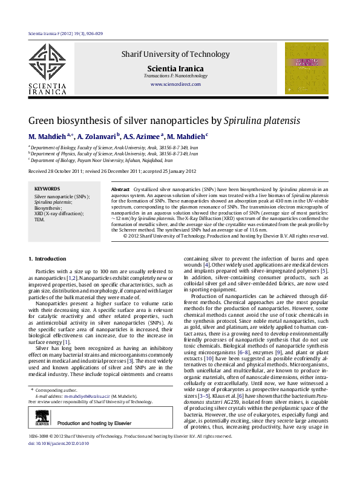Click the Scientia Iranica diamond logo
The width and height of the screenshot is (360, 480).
coord(48,63)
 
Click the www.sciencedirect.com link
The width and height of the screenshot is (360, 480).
coord(175,84)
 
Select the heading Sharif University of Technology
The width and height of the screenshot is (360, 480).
coord(175,54)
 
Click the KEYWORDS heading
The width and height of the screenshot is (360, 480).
coord(47,189)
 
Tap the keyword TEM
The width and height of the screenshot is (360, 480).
coord(40,219)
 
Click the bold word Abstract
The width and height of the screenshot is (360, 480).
coord(121,190)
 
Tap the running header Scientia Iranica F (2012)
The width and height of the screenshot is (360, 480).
coord(65,34)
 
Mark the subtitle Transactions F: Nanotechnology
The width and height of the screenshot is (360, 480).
coord(175,76)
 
